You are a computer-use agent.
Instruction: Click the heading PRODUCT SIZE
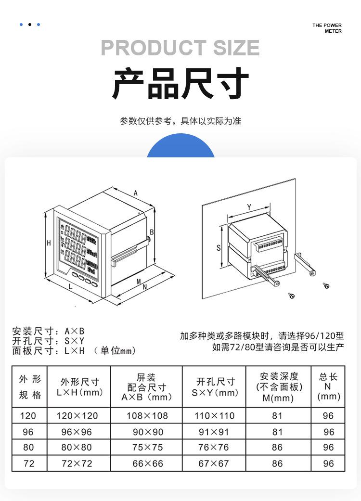[x=180, y=48]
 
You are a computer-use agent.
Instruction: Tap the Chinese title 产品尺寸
[x=180, y=84]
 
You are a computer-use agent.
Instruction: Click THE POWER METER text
[x=327, y=28]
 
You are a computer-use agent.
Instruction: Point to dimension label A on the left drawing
[x=136, y=193]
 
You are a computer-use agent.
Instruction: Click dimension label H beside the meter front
[x=49, y=243]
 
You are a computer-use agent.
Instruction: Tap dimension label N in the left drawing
[x=145, y=287]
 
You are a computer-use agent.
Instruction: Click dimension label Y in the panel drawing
[x=249, y=207]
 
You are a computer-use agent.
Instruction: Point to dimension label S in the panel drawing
[x=218, y=248]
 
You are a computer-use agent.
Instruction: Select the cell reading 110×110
[x=214, y=416]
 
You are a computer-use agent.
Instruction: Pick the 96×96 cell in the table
[x=77, y=432]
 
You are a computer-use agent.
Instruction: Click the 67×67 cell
[x=214, y=464]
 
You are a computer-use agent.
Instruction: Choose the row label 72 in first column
[x=28, y=464]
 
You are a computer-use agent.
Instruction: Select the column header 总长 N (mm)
[x=328, y=387]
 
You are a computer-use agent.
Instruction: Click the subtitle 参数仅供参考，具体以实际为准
[x=180, y=121]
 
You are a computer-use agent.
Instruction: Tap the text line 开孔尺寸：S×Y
[x=48, y=341]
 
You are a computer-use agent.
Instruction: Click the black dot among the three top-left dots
[x=29, y=25]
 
